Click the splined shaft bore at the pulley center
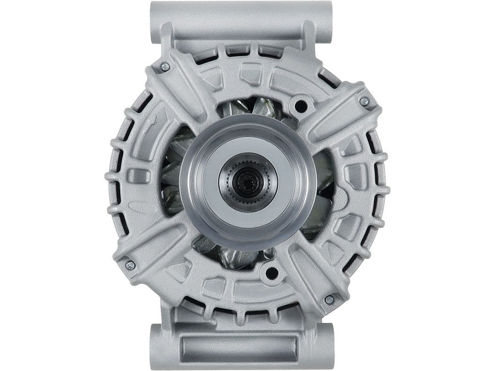click(x=248, y=181)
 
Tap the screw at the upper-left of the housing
click(x=165, y=67)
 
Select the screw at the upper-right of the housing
click(x=364, y=102)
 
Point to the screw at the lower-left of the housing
click(x=130, y=265)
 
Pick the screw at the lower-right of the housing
click(x=329, y=300)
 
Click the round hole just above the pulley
click(x=301, y=106)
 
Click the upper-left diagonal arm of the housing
click(x=181, y=92)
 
